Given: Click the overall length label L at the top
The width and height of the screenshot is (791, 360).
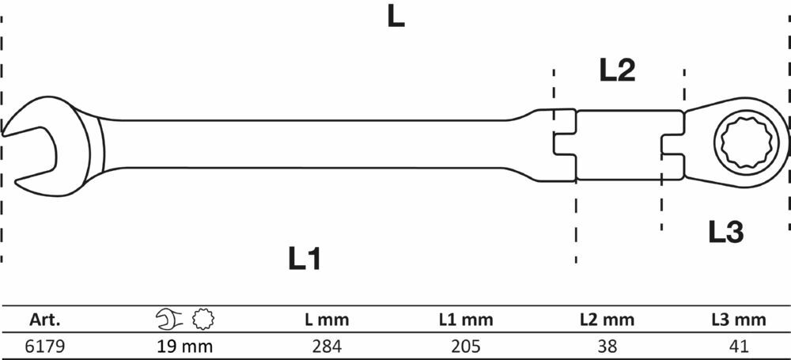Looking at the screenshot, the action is click(x=396, y=17).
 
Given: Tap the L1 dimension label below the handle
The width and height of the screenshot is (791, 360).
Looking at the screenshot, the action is click(x=305, y=258).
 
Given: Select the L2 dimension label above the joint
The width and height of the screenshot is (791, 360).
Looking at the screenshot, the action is click(x=617, y=70).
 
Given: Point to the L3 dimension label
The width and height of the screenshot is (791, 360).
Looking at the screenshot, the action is click(x=726, y=233).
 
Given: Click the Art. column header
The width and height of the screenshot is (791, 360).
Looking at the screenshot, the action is click(x=45, y=320).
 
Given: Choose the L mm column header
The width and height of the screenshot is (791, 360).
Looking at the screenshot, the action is click(x=327, y=320).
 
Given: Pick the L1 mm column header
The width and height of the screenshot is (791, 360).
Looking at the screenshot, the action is click(x=466, y=320).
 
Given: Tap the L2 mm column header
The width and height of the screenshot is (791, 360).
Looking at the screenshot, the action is click(x=607, y=320).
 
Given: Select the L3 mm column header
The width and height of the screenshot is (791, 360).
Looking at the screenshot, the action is click(x=739, y=320).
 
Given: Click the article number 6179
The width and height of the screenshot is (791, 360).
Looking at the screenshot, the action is click(x=45, y=347).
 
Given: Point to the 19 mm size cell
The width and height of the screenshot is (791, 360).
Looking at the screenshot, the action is click(x=184, y=347).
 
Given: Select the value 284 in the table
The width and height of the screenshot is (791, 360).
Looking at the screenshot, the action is click(x=327, y=347).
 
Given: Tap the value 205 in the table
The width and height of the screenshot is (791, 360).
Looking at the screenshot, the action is click(x=466, y=347).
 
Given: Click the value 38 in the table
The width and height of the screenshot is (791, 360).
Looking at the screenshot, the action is click(x=607, y=347).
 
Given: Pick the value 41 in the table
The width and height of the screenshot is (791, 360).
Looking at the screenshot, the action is click(x=739, y=347).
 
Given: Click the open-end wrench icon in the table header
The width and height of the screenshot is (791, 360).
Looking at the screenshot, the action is click(x=169, y=319).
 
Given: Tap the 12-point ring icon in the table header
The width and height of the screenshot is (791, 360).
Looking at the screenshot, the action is click(x=203, y=319).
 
